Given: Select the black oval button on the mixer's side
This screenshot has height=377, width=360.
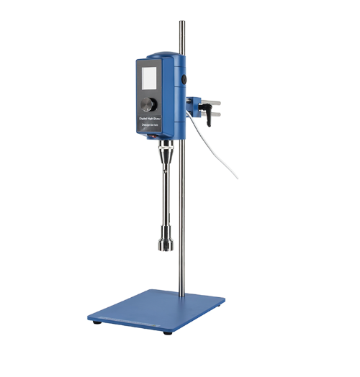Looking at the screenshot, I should point(184,80).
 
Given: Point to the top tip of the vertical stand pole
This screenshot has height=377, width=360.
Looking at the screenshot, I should point(180,22).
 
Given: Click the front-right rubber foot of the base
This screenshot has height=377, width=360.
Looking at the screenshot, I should point(168,332).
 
